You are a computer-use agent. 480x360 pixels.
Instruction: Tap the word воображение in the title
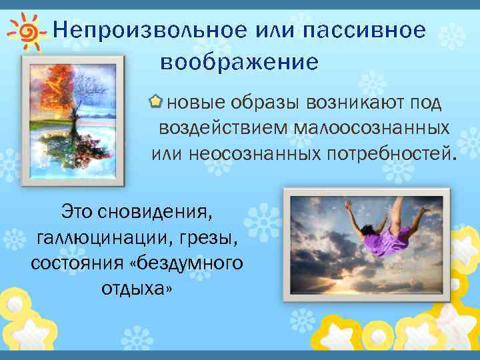coord(239,63)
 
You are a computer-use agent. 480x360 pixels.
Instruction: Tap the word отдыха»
coord(136,287)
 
